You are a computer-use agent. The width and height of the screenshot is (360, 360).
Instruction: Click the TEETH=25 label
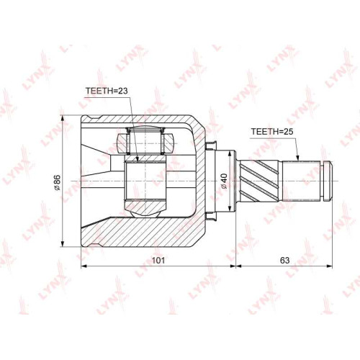272,132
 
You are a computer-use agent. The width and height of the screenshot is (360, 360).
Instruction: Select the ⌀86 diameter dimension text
57,183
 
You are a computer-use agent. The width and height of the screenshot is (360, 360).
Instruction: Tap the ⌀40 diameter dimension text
224,181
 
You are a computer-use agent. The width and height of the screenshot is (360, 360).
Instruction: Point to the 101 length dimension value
158,260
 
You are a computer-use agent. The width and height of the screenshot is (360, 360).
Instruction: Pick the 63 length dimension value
284,260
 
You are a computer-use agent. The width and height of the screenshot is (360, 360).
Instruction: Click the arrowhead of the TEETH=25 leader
297,158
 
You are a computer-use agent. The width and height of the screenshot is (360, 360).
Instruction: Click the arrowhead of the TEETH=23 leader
138,160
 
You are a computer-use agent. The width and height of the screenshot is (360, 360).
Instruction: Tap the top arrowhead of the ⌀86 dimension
63,119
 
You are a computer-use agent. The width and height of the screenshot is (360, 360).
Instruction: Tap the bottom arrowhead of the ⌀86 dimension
63,243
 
